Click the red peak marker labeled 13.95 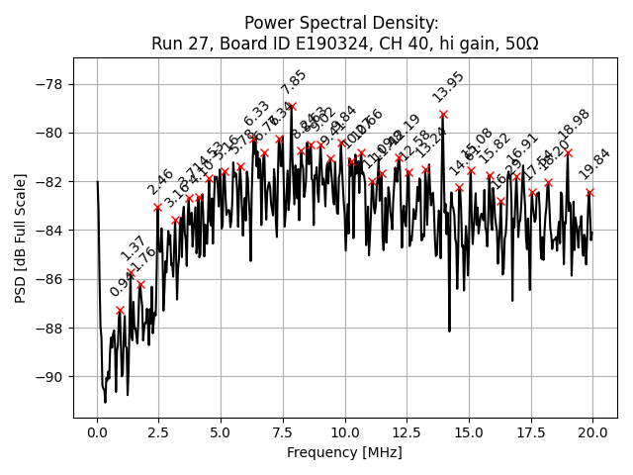pyautogui.click(x=443, y=114)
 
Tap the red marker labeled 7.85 pyautogui.click(x=292, y=106)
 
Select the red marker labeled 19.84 pyautogui.click(x=589, y=192)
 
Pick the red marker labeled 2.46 pyautogui.click(x=158, y=207)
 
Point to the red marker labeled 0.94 pyautogui.click(x=121, y=310)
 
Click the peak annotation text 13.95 pyautogui.click(x=448, y=87)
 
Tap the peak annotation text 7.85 pyautogui.click(x=294, y=81)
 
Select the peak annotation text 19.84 pyautogui.click(x=595, y=164)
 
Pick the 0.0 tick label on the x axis pyautogui.click(x=97, y=432)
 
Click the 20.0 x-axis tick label pyautogui.click(x=592, y=432)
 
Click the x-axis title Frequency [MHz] pyautogui.click(x=345, y=452)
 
